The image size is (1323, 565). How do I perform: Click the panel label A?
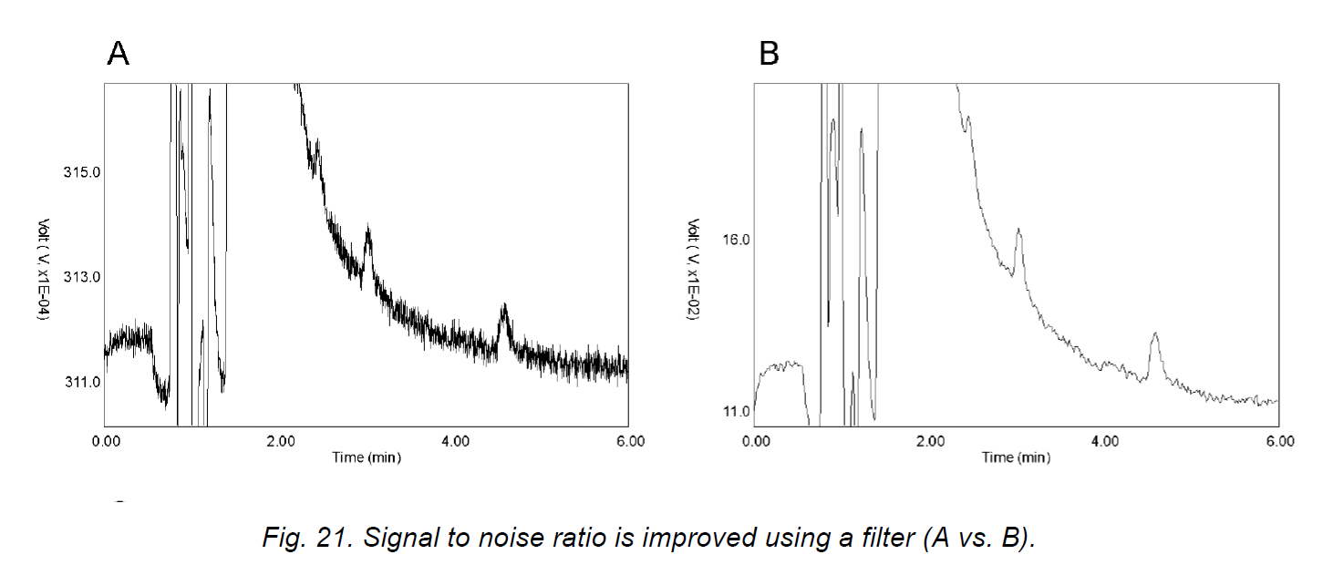tap(119, 55)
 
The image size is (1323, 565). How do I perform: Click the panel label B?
tap(770, 55)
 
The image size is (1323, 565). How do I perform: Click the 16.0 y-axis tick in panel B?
tap(734, 240)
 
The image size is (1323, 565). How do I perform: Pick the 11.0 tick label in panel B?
tap(734, 411)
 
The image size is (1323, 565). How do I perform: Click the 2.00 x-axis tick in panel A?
tap(280, 441)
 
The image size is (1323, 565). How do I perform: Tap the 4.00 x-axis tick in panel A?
tap(455, 441)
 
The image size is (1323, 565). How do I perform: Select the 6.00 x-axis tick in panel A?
tap(629, 441)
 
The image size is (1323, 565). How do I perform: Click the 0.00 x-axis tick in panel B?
tap(756, 441)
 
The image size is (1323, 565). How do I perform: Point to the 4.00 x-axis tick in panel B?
tap(1105, 441)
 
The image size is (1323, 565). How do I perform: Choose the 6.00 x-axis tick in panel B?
tap(1279, 441)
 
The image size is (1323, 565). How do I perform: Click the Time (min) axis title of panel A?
tap(366, 457)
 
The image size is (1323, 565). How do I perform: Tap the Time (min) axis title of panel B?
tap(1016, 457)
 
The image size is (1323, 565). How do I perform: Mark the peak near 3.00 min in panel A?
tap(367, 229)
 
